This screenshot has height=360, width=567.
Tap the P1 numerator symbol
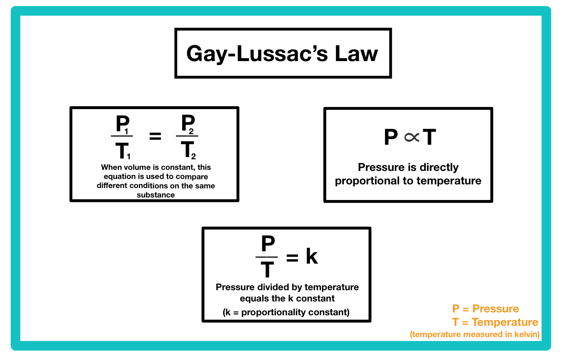tap(122, 124)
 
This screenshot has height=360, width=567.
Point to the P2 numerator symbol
tap(188, 124)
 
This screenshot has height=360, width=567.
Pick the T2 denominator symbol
tap(188, 150)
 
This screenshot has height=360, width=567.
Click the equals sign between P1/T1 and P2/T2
tap(155, 136)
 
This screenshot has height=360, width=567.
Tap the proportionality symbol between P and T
tap(411, 137)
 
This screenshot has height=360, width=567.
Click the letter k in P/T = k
tap(311, 256)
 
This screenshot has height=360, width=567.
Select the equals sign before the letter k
tap(292, 258)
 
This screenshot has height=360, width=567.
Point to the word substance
tap(156, 195)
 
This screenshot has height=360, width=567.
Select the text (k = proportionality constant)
tap(286, 312)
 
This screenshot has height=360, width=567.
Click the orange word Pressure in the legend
tap(495, 309)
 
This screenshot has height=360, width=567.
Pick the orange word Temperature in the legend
tap(505, 322)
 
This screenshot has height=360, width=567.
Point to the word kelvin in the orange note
tap(526, 335)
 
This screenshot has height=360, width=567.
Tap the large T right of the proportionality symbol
tap(429, 137)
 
